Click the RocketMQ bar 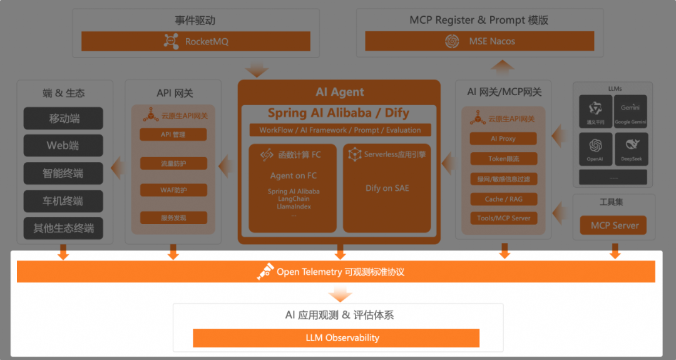click(196, 41)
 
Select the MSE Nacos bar click(479, 41)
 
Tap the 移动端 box click(64, 118)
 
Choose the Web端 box click(64, 146)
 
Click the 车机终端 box click(64, 201)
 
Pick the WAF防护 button click(173, 190)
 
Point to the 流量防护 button click(173, 163)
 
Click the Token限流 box click(503, 158)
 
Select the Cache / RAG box click(503, 198)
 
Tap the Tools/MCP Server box click(503, 219)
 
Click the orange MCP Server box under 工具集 click(615, 225)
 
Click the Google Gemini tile click(630, 111)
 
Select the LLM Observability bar click(335, 338)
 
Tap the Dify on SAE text click(387, 188)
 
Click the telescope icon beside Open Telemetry click(265, 272)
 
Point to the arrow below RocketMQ click(257, 69)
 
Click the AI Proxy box click(503, 138)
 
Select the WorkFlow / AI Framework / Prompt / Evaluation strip click(340, 130)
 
